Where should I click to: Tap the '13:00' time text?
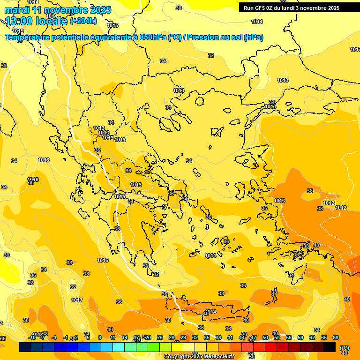[19, 21]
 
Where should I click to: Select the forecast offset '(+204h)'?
[83, 21]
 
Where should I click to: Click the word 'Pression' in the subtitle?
[202, 37]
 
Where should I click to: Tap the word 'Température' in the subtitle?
[28, 37]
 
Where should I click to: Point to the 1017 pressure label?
[77, 300]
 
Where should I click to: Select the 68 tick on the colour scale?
[336, 337]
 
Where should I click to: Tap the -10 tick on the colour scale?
[32, 337]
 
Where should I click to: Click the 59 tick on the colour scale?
[300, 337]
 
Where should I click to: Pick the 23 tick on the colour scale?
[159, 337]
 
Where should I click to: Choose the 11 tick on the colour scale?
[112, 337]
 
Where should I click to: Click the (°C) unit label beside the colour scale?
[345, 348]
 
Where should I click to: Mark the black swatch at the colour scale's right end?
[330, 347]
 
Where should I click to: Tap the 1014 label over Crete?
[210, 312]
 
